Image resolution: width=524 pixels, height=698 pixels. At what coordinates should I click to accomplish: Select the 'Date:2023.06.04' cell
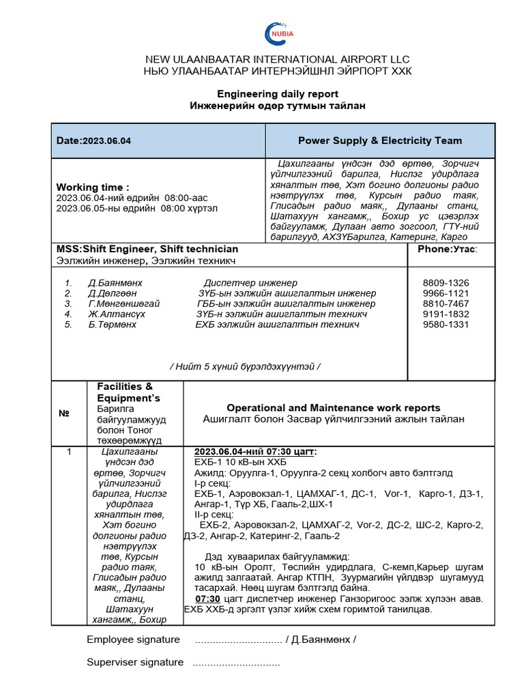click(x=94, y=141)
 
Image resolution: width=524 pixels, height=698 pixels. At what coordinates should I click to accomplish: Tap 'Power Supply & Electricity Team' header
click(x=379, y=140)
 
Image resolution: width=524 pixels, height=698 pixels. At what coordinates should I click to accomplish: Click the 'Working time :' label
click(x=92, y=187)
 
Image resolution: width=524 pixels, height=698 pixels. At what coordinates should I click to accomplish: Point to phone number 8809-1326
click(x=446, y=283)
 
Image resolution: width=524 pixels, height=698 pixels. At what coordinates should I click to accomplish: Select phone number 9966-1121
click(x=446, y=293)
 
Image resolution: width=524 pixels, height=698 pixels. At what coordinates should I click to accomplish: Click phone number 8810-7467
click(x=446, y=303)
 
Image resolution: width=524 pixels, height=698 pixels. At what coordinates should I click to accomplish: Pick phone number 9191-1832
click(x=446, y=314)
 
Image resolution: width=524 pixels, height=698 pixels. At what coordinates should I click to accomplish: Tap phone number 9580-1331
click(x=446, y=324)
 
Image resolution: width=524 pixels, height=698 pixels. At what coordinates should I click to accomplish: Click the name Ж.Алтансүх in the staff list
click(x=116, y=314)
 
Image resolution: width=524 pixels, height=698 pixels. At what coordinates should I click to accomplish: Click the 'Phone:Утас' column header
click(x=448, y=249)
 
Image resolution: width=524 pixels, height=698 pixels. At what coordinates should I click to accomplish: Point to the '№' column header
click(x=64, y=414)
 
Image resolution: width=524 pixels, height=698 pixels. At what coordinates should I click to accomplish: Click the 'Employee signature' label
click(x=133, y=639)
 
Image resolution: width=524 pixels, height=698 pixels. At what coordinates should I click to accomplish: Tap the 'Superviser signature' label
click(x=135, y=663)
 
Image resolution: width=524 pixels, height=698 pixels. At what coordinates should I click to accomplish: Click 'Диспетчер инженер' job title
click(x=250, y=283)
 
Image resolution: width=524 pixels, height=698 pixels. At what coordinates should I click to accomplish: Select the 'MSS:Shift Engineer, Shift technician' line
click(x=147, y=249)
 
